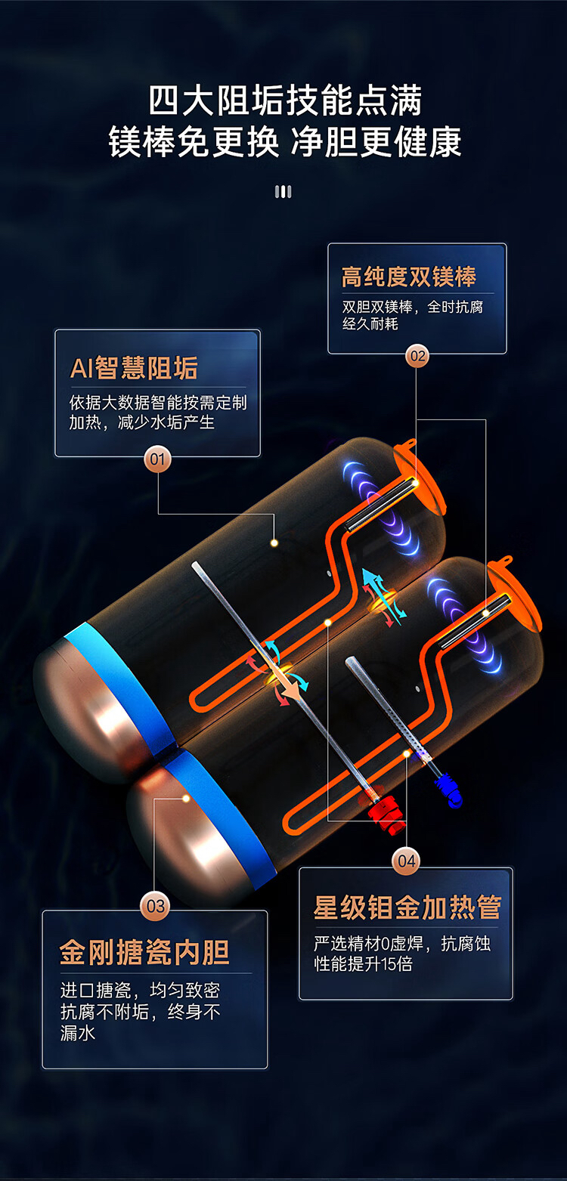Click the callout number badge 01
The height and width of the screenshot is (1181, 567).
click(158, 459)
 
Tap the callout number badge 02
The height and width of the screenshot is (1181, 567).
click(417, 356)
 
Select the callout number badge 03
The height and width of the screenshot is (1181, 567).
click(155, 906)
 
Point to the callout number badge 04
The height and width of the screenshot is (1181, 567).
click(406, 861)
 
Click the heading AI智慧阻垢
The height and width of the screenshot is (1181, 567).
click(134, 368)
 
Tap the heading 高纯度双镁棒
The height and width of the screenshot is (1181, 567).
click(409, 277)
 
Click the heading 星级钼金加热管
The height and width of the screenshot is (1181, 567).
click(407, 907)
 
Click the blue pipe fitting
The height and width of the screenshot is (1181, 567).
click(448, 790)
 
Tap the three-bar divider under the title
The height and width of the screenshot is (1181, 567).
click(283, 191)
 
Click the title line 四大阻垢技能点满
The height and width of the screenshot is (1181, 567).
click(285, 100)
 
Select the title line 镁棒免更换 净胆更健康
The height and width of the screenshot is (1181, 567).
click(285, 142)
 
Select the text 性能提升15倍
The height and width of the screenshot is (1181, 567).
click(364, 964)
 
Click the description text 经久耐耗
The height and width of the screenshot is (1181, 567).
click(370, 323)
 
